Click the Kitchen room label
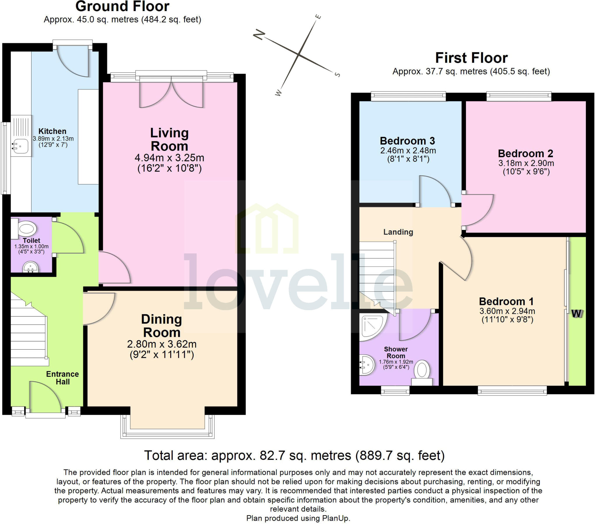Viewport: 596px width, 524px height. (52, 131)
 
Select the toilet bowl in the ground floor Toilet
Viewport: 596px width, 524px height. (26, 229)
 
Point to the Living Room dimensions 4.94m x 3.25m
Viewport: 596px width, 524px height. (169, 158)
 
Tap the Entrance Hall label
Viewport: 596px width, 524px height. (62, 378)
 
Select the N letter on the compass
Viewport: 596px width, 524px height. (259, 35)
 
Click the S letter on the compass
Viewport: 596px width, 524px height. (337, 75)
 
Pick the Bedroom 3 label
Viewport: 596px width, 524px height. (407, 141)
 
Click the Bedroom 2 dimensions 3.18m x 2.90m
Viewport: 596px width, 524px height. (526, 163)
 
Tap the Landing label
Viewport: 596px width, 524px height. (398, 232)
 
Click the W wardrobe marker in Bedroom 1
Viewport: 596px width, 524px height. (577, 314)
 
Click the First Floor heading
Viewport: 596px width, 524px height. (471, 58)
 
